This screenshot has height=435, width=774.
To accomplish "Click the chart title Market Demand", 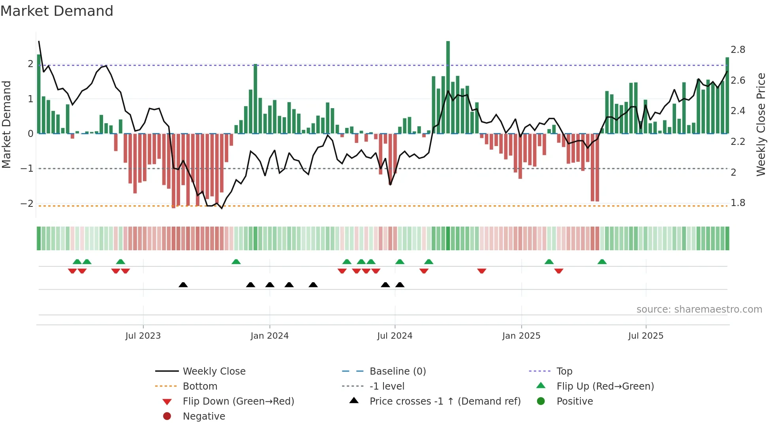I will click(57, 11).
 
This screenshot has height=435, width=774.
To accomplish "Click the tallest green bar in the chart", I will click(448, 87).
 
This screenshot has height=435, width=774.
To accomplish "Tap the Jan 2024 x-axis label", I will click(269, 336).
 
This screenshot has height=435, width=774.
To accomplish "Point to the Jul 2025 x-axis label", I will click(646, 336).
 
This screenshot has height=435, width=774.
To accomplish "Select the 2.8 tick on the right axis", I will click(738, 50).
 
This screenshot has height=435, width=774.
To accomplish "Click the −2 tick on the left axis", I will click(27, 204).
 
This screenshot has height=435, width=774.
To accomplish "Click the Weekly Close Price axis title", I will click(761, 124).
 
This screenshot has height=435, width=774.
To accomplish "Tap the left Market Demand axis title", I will click(7, 124).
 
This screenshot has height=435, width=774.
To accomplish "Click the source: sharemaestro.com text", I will click(699, 309).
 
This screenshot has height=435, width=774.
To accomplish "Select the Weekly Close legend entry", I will click(214, 371).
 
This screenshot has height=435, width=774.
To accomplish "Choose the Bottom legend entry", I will click(200, 386).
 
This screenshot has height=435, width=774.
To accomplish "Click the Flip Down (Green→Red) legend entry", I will click(238, 401).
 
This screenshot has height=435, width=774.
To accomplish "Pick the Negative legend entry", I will click(204, 416).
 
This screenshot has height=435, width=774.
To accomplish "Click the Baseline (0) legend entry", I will click(397, 371).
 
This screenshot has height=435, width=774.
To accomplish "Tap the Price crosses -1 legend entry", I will click(445, 401).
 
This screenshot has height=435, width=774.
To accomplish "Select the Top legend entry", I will click(564, 371).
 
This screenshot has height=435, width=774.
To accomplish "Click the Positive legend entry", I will click(574, 401).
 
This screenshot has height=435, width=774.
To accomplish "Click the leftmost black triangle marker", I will click(183, 285).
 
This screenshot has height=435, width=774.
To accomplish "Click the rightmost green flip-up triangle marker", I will click(602, 262).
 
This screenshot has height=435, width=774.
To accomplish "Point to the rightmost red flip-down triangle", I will click(558, 271).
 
